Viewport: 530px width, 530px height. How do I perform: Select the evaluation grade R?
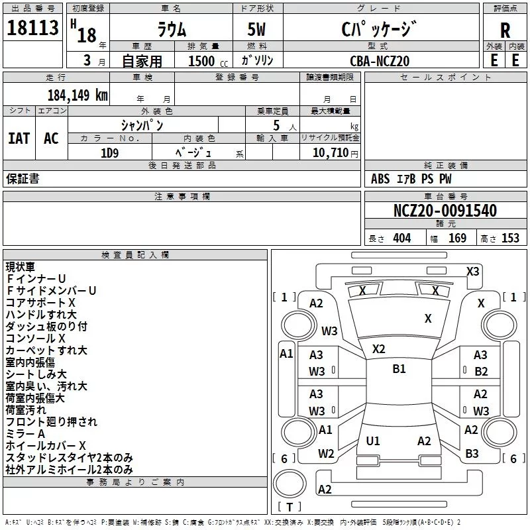[505, 30]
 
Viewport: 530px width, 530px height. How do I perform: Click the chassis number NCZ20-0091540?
[445, 211]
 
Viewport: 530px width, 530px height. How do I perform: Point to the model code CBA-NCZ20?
[380, 61]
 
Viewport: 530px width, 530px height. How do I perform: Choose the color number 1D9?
[109, 152]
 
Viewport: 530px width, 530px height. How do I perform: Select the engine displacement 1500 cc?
[201, 61]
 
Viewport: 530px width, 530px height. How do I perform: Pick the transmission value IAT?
[19, 138]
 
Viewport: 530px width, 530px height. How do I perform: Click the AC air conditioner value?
[51, 138]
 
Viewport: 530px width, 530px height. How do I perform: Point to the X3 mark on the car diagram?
[472, 272]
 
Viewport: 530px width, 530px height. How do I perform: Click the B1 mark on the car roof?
[399, 369]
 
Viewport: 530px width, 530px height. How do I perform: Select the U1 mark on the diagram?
[373, 441]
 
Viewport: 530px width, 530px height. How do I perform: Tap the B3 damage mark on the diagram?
[472, 454]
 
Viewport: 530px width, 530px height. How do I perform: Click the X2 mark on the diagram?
[379, 349]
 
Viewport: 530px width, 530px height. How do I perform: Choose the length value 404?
[401, 238]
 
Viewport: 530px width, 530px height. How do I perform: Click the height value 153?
[510, 238]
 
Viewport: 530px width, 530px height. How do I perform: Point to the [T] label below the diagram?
[289, 507]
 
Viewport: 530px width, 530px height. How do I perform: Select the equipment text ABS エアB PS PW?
[411, 179]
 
